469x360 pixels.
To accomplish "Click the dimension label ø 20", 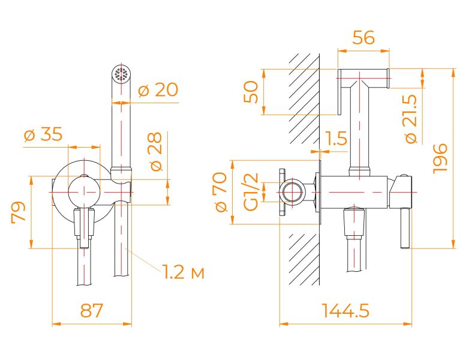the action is point(158,90).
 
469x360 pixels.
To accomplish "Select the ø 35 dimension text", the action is point(43,134).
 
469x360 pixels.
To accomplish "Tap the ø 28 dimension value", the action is point(157,151).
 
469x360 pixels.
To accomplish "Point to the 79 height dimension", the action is point(18,212).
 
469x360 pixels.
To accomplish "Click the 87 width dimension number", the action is point(92,310).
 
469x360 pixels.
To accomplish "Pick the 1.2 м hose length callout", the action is point(184,272).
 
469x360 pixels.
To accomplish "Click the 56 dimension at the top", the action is point(363,38).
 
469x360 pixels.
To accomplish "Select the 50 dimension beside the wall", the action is point(251,92).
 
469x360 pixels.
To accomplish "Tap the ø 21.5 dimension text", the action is point(411,119).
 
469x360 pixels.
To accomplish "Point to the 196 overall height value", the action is point(440,158).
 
